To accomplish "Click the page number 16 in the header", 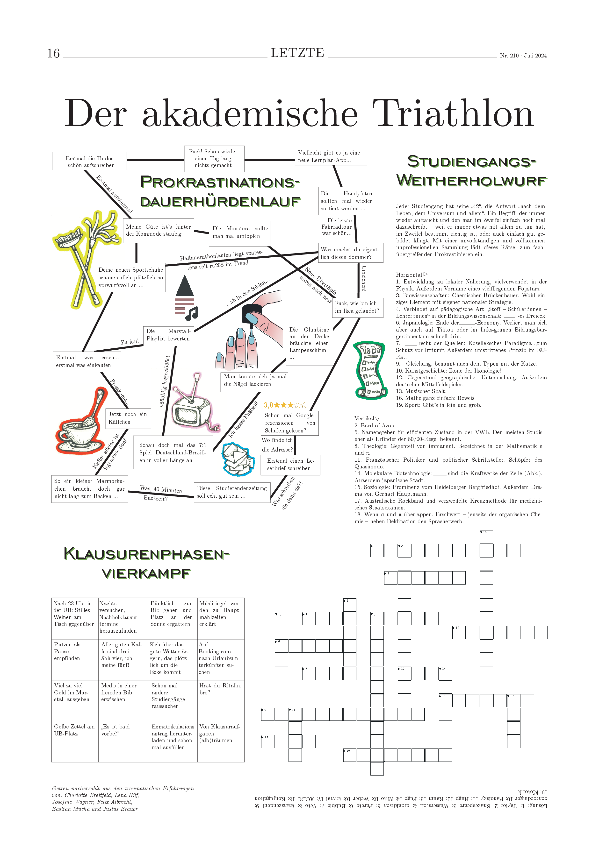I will [x=53, y=54].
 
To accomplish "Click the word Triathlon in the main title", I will [x=453, y=114].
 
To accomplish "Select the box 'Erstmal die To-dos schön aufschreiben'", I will [x=89, y=161].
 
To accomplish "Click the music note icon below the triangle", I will [x=192, y=314].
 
